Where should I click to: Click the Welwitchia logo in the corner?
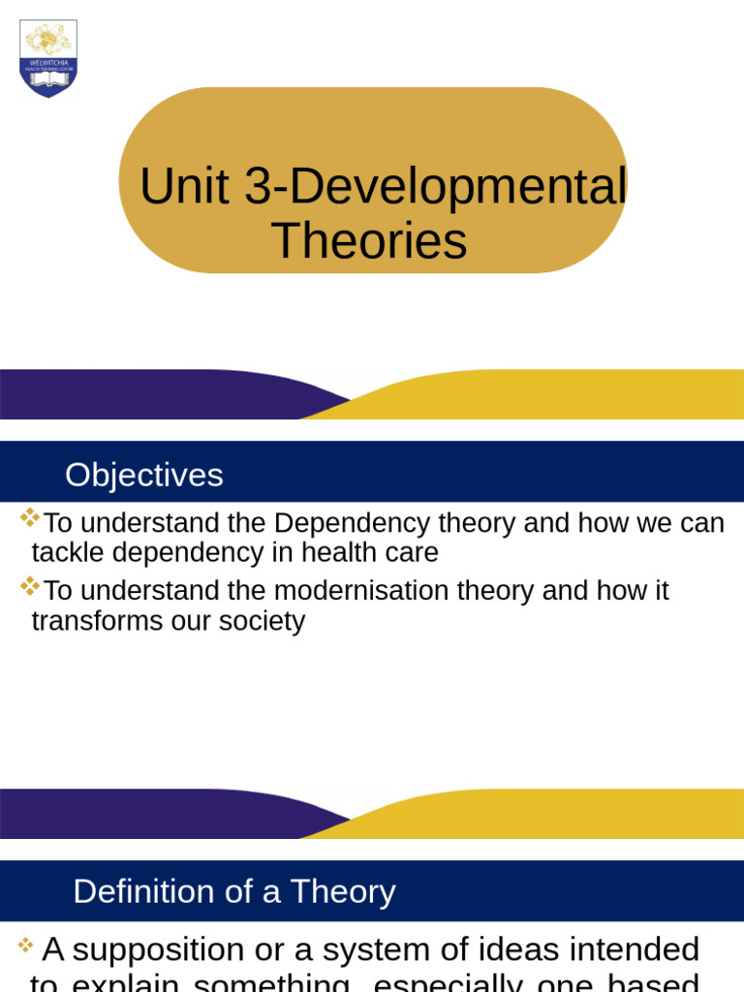[48, 58]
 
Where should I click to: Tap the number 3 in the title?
[258, 187]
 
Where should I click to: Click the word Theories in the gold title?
[369, 241]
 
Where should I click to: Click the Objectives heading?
[143, 475]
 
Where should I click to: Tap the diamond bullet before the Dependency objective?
[29, 517]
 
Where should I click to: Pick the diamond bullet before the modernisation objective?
[29, 585]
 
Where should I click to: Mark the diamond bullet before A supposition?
[26, 945]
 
